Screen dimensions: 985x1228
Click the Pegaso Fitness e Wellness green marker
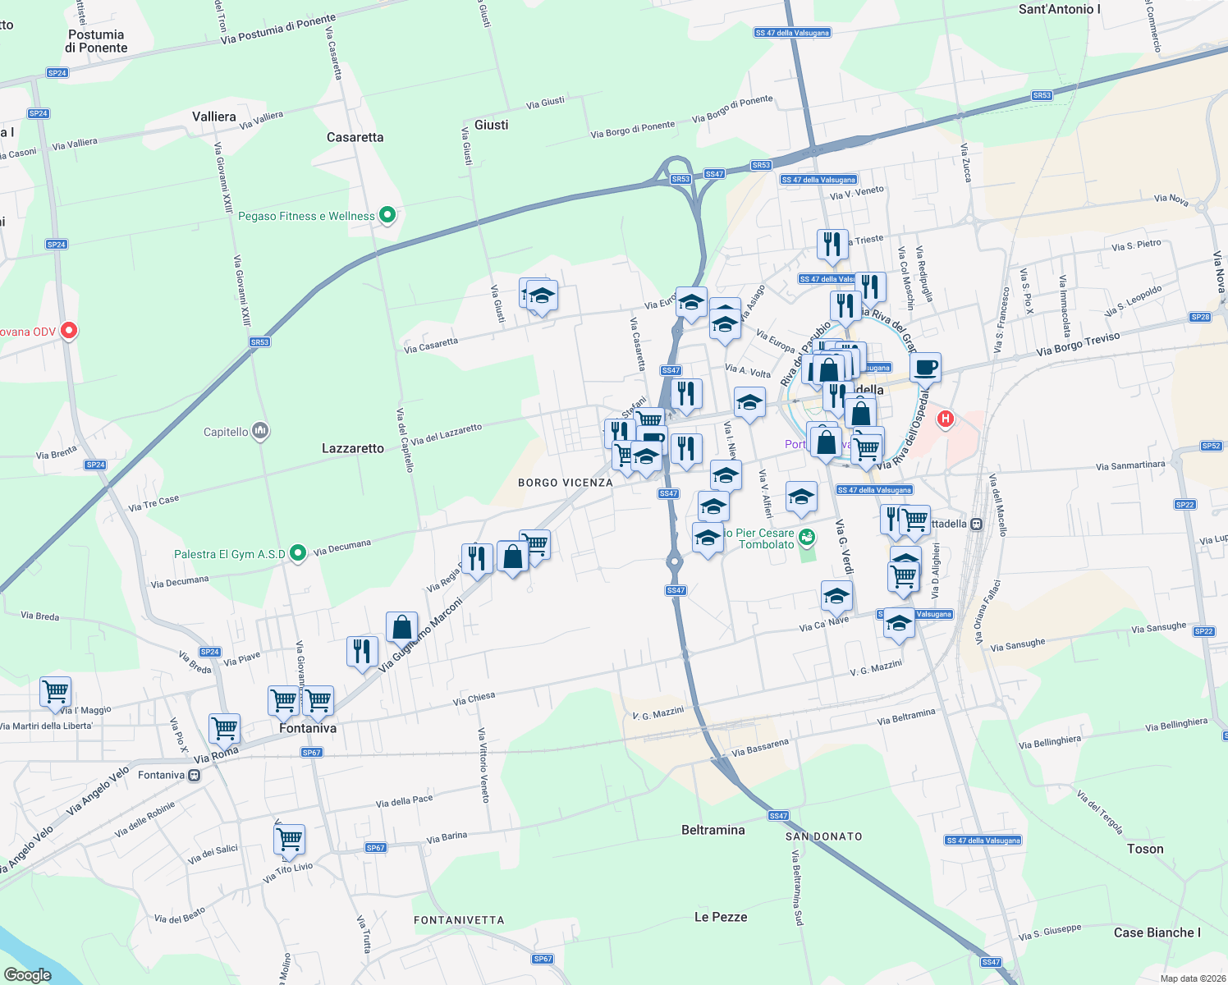point(387,216)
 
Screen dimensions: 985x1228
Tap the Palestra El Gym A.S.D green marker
point(298,554)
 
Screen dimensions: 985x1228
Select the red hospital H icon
point(946,419)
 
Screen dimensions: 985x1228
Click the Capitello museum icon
point(260,431)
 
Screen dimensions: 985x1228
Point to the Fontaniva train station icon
point(194,776)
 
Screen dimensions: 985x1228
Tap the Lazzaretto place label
point(353,448)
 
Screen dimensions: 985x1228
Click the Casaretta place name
point(355,137)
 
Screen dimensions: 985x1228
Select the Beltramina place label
point(713,830)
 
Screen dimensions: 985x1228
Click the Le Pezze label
point(721,917)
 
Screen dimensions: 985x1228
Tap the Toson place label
point(1145,849)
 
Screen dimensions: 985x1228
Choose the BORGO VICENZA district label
point(566,483)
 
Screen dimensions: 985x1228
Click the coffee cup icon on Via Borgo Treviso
point(925,369)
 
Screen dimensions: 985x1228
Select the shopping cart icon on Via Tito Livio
point(289,840)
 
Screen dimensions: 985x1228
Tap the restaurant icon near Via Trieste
point(832,245)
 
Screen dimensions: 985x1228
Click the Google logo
point(28,975)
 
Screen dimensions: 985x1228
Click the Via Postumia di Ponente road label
point(278,29)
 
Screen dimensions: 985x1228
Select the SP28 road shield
point(1200,317)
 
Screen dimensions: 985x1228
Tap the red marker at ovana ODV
point(69,331)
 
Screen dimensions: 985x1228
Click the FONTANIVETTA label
point(459,920)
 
